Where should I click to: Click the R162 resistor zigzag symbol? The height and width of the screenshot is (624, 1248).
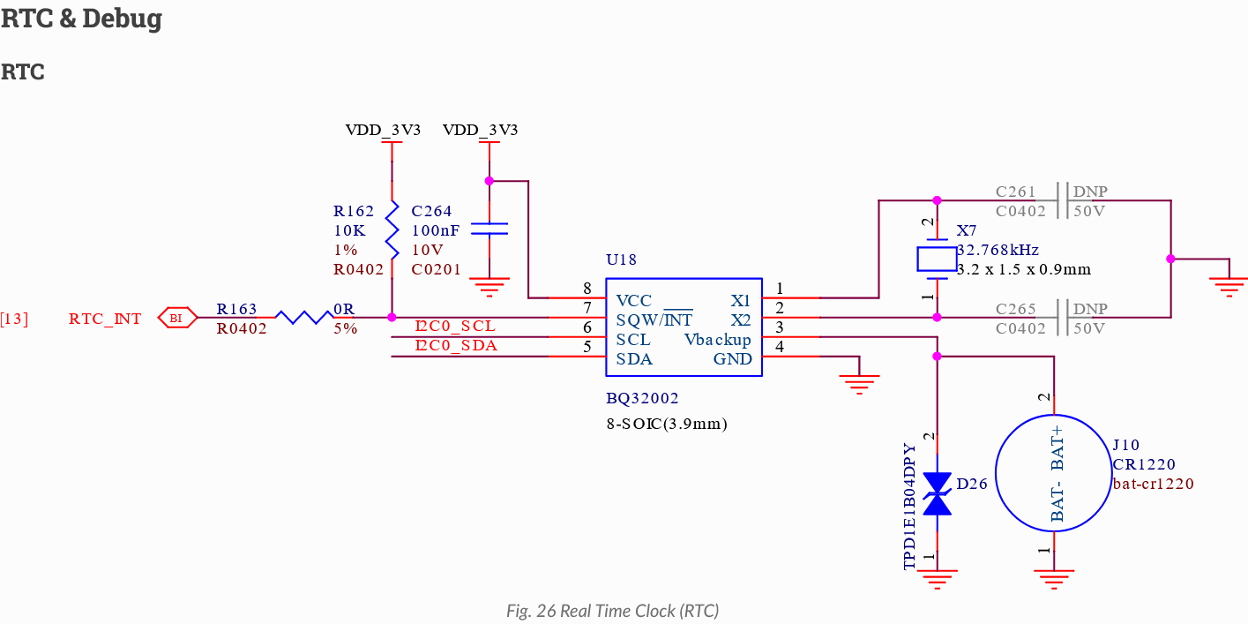coord(392,229)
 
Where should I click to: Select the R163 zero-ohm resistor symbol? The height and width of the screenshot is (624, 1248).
coord(304,318)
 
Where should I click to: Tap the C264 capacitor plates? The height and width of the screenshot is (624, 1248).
coord(489,229)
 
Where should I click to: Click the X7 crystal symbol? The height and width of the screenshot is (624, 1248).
coord(938,259)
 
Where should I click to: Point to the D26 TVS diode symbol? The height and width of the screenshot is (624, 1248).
coord(938,493)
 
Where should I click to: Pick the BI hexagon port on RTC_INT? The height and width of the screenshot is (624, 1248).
coord(177,318)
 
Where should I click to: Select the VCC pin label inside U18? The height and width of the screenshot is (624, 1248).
coord(633,301)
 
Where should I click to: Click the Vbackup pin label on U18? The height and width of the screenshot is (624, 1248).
coord(718,340)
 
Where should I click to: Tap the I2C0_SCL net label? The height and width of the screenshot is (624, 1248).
coord(455,326)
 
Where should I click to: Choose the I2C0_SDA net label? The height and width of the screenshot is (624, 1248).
coord(456,345)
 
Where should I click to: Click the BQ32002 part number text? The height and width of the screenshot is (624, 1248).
coord(642,398)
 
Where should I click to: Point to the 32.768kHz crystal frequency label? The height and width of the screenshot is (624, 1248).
coord(998,250)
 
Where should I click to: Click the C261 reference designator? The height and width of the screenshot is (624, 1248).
coord(1015,192)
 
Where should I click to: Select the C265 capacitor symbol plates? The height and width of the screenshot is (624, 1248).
coord(1063,318)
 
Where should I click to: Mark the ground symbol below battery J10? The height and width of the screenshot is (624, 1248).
coord(1054,579)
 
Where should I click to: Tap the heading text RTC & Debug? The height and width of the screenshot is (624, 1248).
coord(81,18)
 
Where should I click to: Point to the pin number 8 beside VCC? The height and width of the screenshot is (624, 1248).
coord(587,289)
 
